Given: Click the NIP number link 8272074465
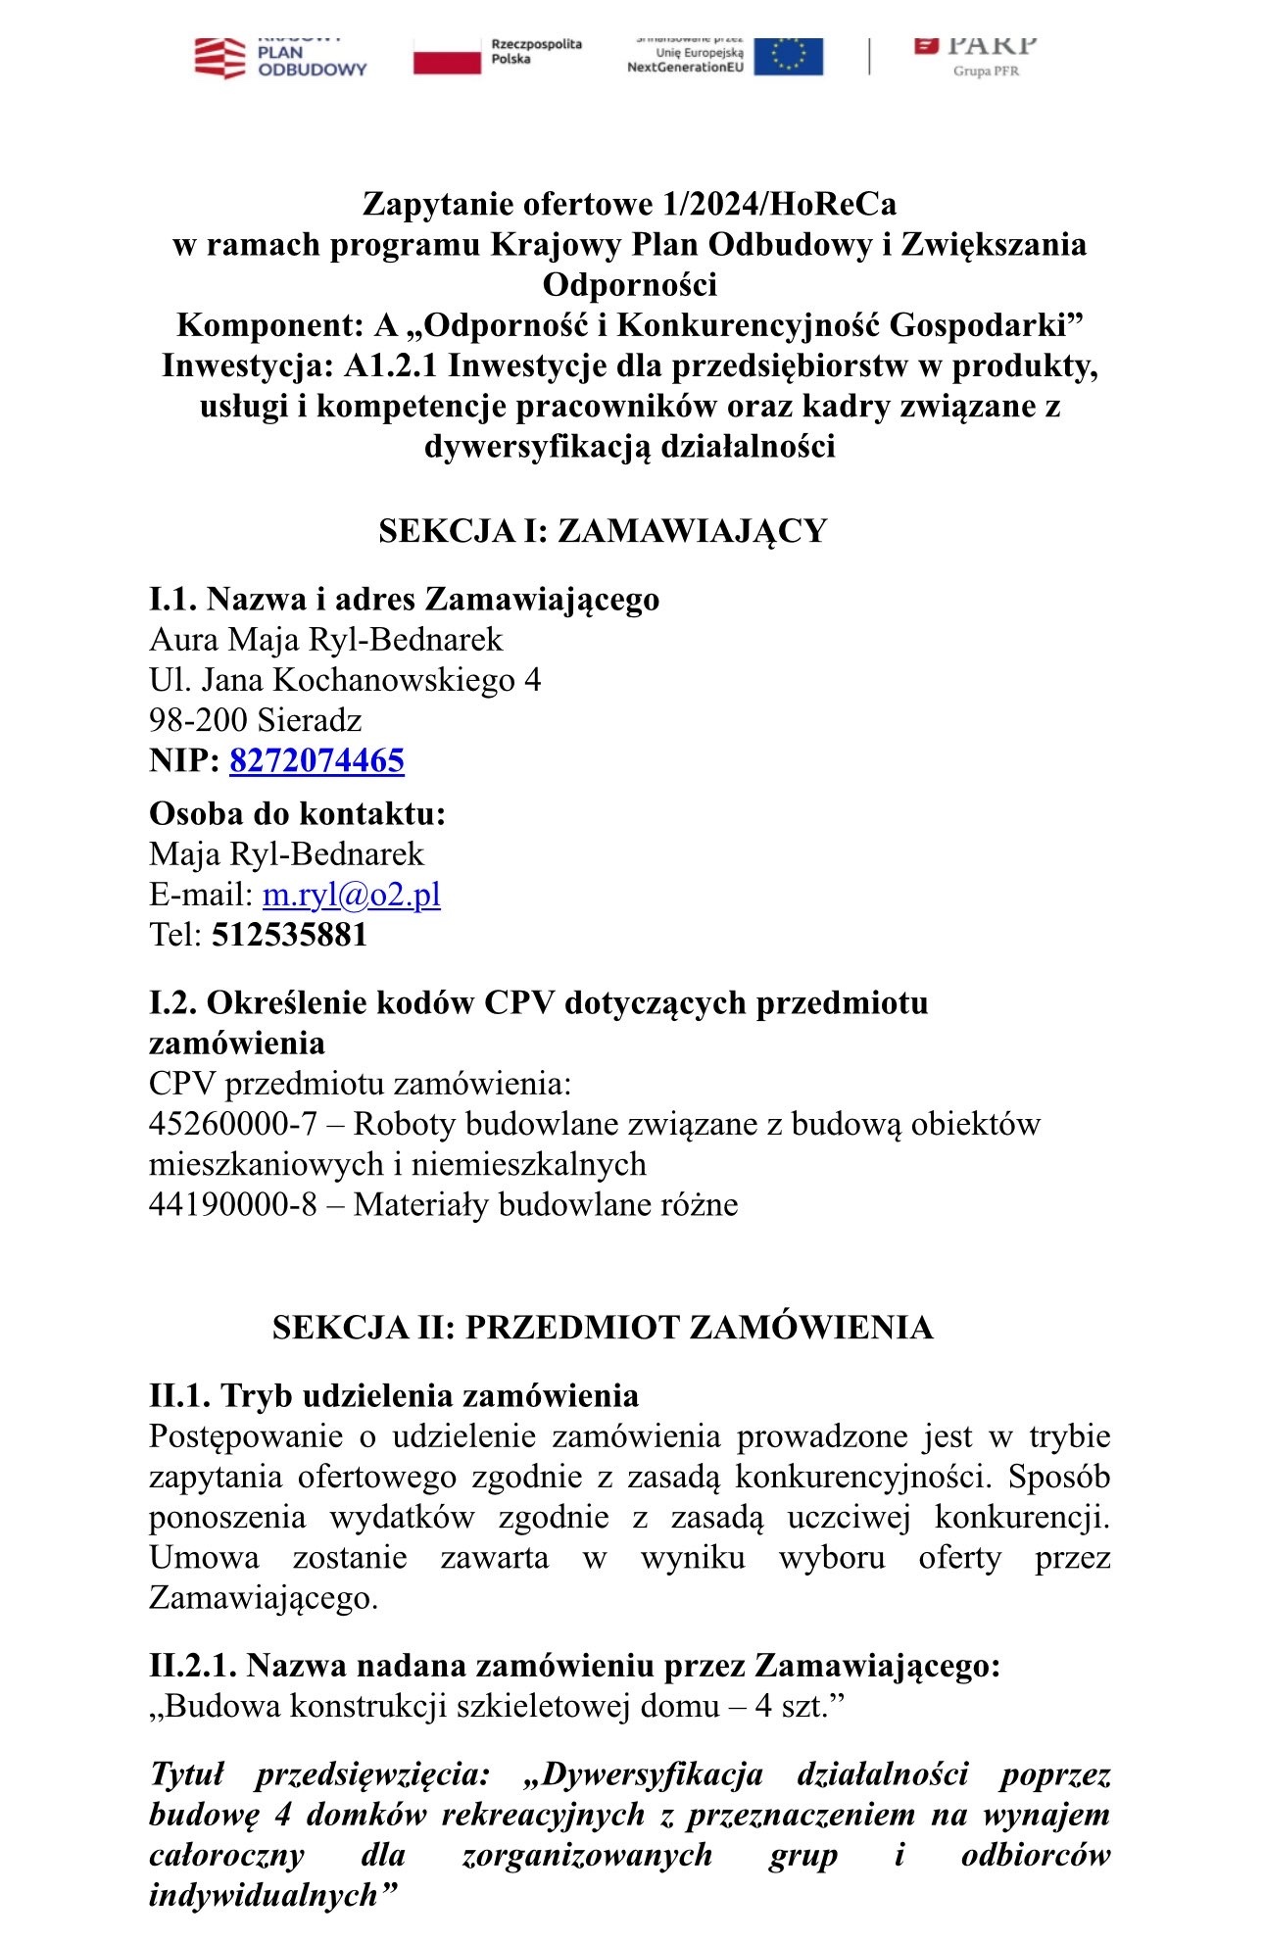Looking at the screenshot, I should click(x=316, y=761).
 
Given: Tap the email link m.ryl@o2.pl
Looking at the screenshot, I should click(x=351, y=895).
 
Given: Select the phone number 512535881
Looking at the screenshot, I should click(x=289, y=935).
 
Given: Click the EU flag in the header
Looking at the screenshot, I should click(x=789, y=56).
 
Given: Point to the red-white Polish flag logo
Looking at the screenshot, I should click(x=447, y=56).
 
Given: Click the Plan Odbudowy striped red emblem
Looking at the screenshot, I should click(x=219, y=57).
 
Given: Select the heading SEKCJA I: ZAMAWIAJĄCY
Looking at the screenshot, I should click(x=603, y=531).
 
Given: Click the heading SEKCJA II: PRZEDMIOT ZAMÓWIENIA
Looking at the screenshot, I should click(x=603, y=1328).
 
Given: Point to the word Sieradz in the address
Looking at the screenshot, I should click(x=310, y=721).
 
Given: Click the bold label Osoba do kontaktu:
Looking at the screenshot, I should click(x=297, y=814).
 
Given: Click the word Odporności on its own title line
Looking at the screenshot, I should click(x=630, y=285).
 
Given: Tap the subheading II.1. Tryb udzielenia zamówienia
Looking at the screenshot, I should click(x=394, y=1396).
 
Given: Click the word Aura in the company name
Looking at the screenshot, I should click(x=184, y=640).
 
